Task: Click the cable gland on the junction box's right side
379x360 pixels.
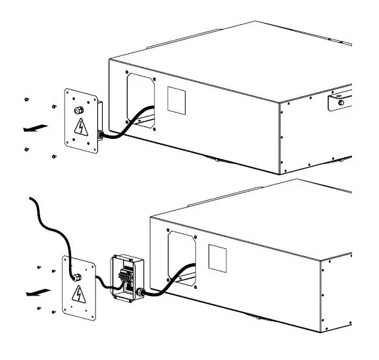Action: click(140, 292)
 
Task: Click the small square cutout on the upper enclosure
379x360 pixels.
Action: click(177, 99)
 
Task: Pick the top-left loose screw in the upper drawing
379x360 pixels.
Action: click(25, 99)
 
